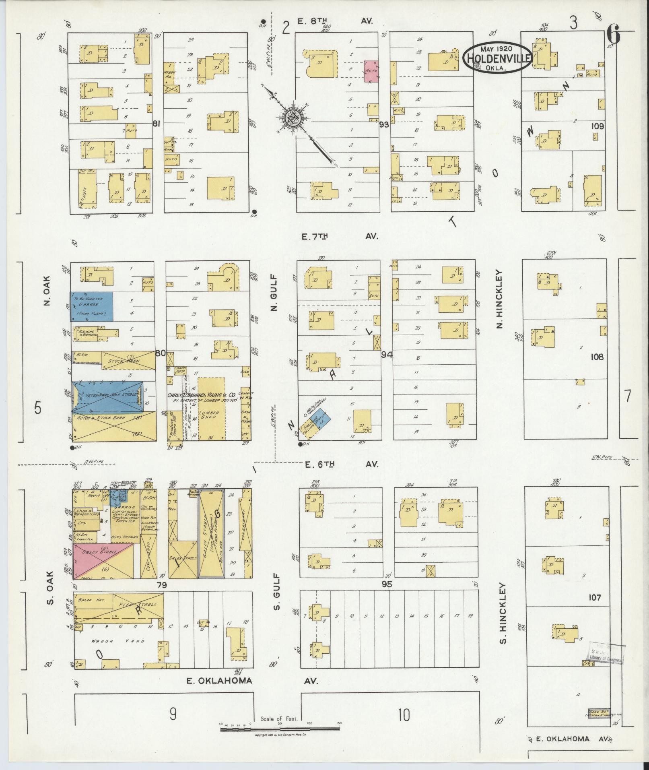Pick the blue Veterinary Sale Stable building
[x=107, y=396]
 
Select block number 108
[x=597, y=357]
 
